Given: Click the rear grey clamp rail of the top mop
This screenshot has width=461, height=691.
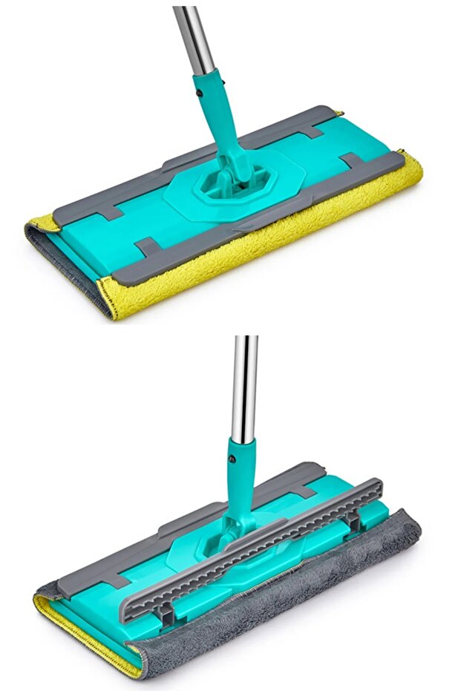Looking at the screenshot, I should tap(223, 145).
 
